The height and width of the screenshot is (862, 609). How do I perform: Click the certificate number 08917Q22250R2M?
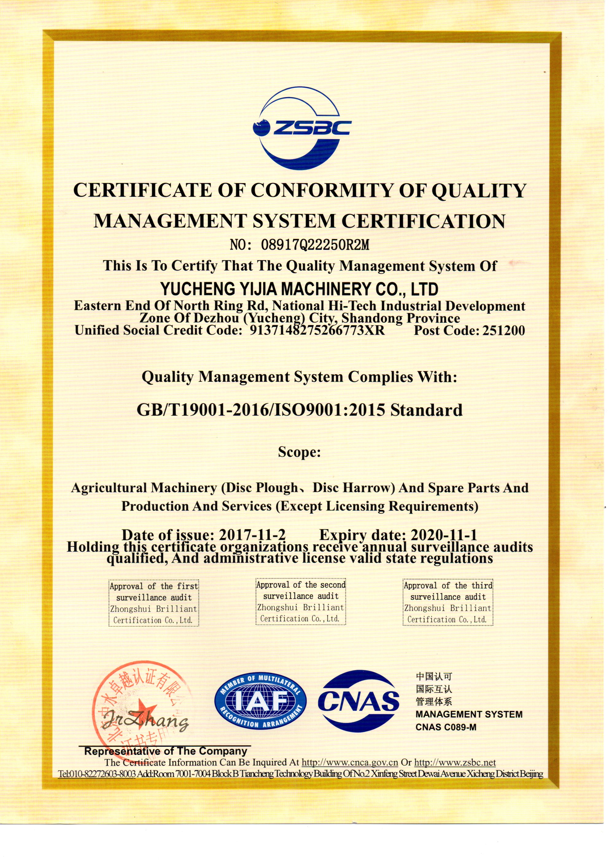(x=315, y=245)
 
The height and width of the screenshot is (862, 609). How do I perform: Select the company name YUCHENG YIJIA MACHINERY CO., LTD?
(x=299, y=289)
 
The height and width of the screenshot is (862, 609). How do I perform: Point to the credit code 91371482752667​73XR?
(x=317, y=330)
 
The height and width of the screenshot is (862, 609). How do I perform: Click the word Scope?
(x=299, y=452)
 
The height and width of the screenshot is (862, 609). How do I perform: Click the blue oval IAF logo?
(x=260, y=701)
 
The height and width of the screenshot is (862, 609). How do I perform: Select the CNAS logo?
(x=358, y=701)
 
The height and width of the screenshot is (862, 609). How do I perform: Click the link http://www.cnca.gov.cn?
(x=350, y=762)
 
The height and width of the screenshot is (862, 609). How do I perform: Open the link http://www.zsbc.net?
(x=455, y=762)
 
